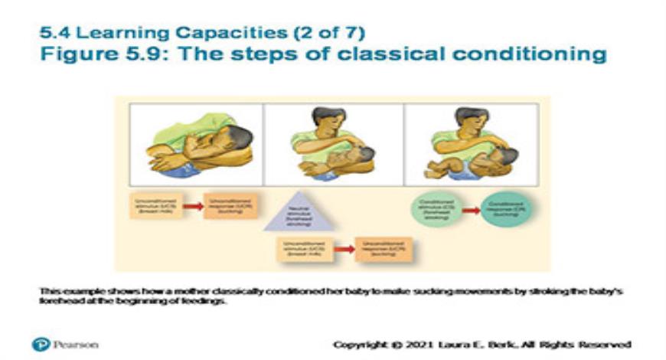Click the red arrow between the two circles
472,208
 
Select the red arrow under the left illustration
193,206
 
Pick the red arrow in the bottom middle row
344,249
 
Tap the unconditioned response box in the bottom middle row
384,249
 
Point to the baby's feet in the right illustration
433,171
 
